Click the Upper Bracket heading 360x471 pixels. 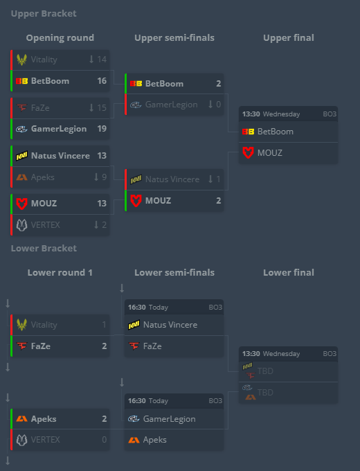click(x=44, y=14)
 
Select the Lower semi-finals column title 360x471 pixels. click(x=174, y=272)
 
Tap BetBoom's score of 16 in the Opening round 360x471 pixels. click(x=102, y=81)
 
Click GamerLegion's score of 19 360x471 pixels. click(x=102, y=129)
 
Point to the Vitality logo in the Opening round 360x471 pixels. click(x=21, y=60)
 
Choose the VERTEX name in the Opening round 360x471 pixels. click(x=45, y=224)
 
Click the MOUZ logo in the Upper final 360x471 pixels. click(x=248, y=152)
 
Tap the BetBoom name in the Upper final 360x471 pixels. click(x=276, y=132)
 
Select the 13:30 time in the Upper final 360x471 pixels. click(x=251, y=114)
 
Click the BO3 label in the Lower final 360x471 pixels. click(x=330, y=353)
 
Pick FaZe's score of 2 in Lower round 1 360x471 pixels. click(x=104, y=346)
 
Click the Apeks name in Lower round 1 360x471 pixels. click(x=44, y=419)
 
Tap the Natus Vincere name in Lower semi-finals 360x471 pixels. click(x=170, y=325)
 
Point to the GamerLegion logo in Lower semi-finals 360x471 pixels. click(x=134, y=419)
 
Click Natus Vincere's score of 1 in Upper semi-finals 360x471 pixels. click(x=218, y=179)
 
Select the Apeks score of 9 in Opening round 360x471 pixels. click(x=104, y=177)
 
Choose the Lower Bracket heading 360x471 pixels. click(x=44, y=249)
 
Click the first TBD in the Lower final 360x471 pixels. click(x=265, y=371)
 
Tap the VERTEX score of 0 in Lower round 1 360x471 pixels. click(x=104, y=439)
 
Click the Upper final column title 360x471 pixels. click(x=289, y=37)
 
